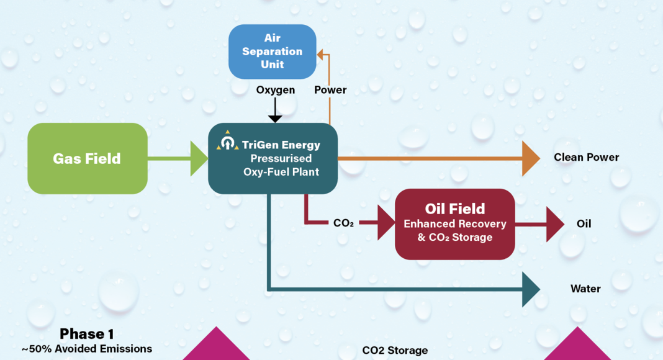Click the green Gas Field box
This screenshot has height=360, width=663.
point(87,158)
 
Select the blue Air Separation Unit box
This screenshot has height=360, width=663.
point(272,52)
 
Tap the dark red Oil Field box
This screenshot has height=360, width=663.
point(455,223)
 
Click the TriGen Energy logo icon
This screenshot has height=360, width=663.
point(228,142)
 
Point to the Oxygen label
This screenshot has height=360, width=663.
point(276,90)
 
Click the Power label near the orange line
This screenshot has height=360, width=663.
point(330,90)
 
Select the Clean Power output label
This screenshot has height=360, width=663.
point(586,158)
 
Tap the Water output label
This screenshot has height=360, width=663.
point(585,289)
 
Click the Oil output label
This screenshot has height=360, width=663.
point(584,223)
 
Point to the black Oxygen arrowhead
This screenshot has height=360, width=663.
point(275,117)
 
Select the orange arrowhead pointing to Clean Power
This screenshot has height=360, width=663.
point(531,158)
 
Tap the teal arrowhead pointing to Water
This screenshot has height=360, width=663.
point(531,289)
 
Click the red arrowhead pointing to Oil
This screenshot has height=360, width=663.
point(555,223)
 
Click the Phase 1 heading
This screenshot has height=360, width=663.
point(87,334)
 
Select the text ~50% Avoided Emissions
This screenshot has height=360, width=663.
point(87,349)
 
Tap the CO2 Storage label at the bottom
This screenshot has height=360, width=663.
point(395,351)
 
